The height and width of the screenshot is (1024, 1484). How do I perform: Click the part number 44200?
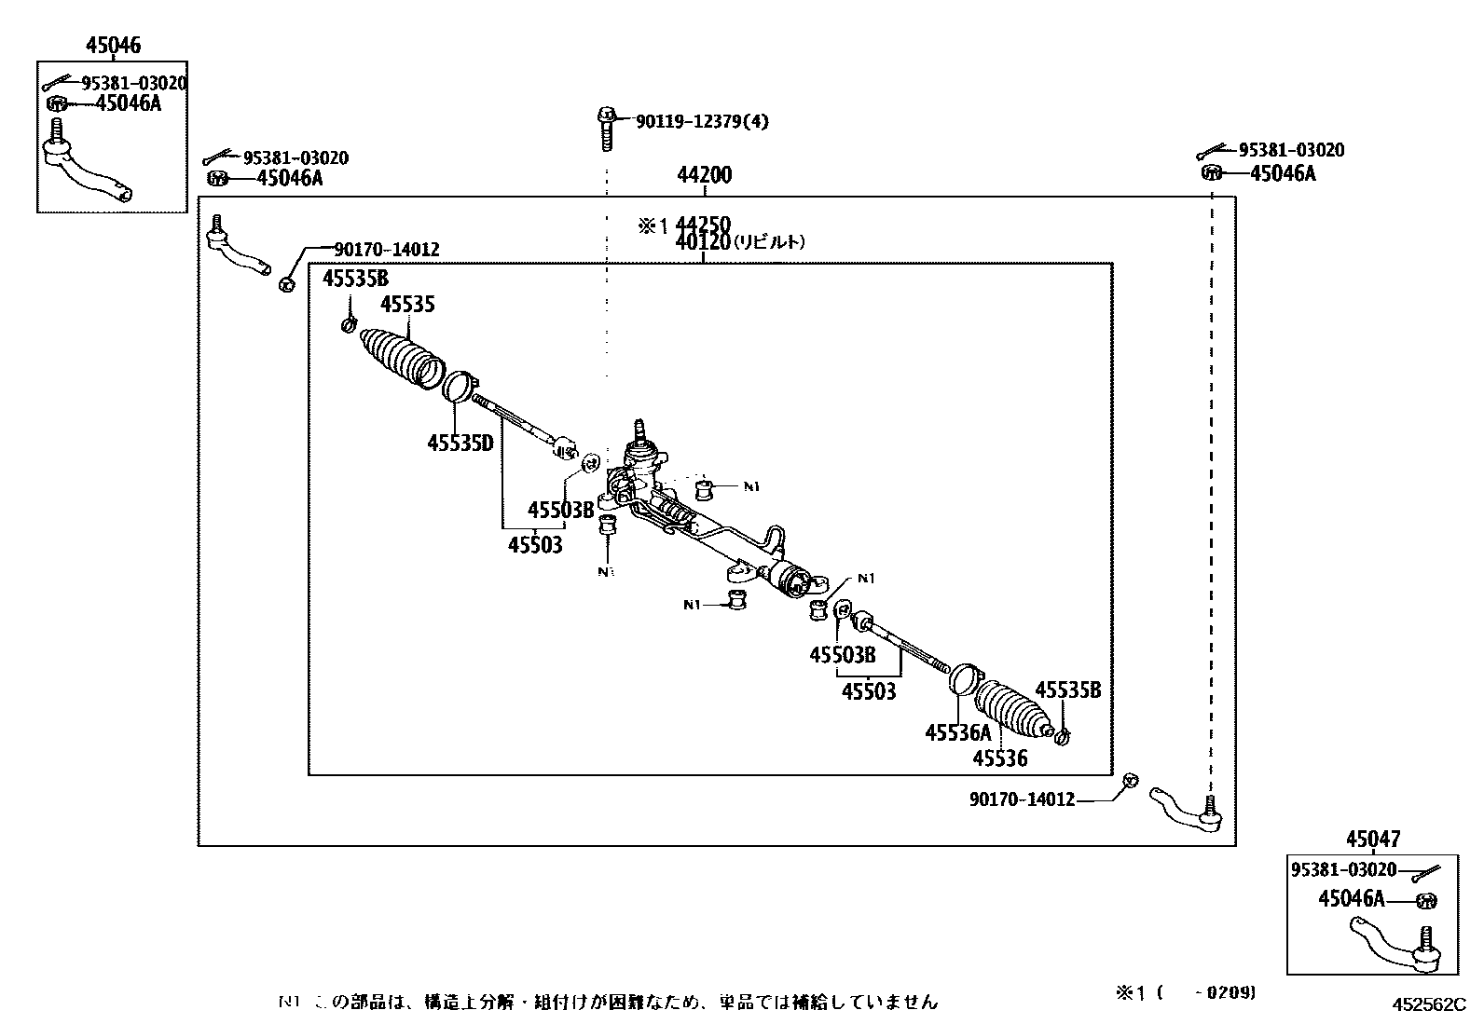pyautogui.click(x=704, y=175)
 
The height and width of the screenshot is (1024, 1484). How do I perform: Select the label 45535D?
pyautogui.click(x=460, y=443)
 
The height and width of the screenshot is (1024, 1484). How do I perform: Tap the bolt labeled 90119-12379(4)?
pyautogui.click(x=605, y=129)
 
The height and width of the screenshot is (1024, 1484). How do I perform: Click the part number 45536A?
pyautogui.click(x=957, y=733)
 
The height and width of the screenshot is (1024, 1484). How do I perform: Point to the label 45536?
pyautogui.click(x=999, y=758)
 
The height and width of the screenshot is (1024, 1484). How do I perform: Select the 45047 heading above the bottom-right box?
pyautogui.click(x=1372, y=839)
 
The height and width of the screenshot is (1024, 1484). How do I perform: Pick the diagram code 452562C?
pyautogui.click(x=1429, y=1004)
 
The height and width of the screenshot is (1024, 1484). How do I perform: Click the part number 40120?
pyautogui.click(x=703, y=242)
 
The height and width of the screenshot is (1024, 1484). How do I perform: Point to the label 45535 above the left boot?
pyautogui.click(x=407, y=305)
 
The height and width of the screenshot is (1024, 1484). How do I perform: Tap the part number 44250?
pyautogui.click(x=703, y=225)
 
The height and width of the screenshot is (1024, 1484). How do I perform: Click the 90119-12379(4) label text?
pyautogui.click(x=702, y=121)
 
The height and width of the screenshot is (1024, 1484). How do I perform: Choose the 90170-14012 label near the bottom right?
pyautogui.click(x=1022, y=799)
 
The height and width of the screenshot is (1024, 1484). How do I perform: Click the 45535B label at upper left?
pyautogui.click(x=355, y=278)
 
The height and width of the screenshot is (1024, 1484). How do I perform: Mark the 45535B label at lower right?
pyautogui.click(x=1068, y=690)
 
